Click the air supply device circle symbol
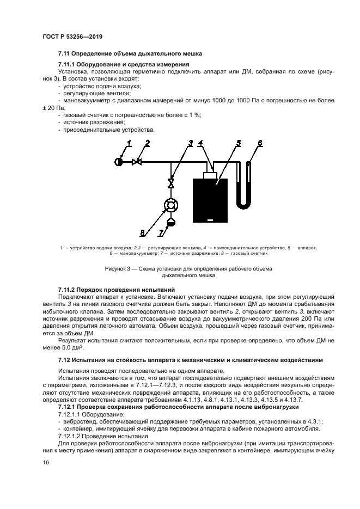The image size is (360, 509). (x=120, y=162)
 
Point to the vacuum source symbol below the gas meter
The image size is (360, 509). (x=172, y=221)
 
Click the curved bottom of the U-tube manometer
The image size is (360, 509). (x=243, y=205)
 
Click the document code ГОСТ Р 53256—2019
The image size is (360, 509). (x=72, y=36)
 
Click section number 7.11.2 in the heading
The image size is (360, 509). (x=70, y=290)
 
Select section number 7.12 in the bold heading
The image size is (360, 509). (x=65, y=360)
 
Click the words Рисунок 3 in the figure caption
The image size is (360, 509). (x=118, y=268)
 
